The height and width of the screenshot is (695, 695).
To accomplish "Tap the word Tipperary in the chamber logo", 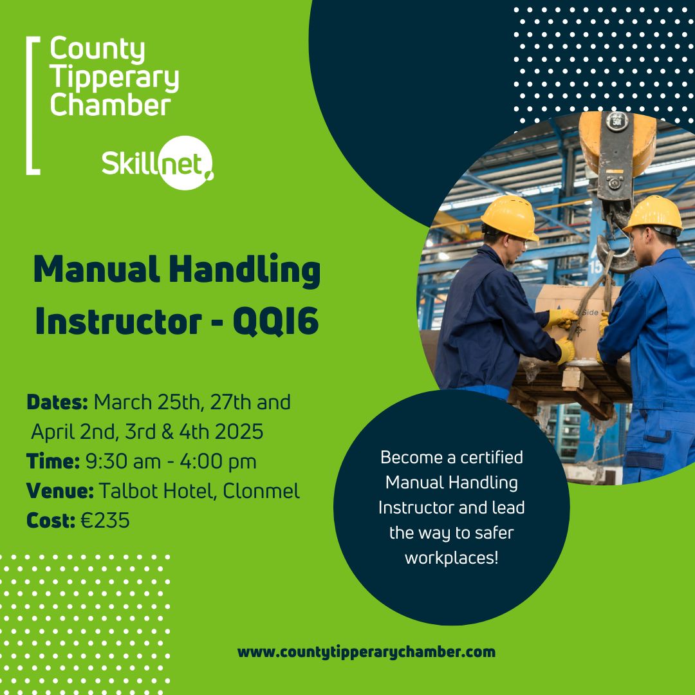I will (114, 77).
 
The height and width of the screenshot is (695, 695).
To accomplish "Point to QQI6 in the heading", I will (275, 321).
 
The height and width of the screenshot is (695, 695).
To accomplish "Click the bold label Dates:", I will (57, 402).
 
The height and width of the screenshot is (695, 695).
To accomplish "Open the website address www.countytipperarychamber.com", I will (366, 651).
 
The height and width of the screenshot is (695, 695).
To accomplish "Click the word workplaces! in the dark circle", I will (451, 557).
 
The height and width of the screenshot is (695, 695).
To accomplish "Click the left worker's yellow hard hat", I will (510, 217).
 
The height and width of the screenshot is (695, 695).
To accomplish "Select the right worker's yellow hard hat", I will (653, 214).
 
